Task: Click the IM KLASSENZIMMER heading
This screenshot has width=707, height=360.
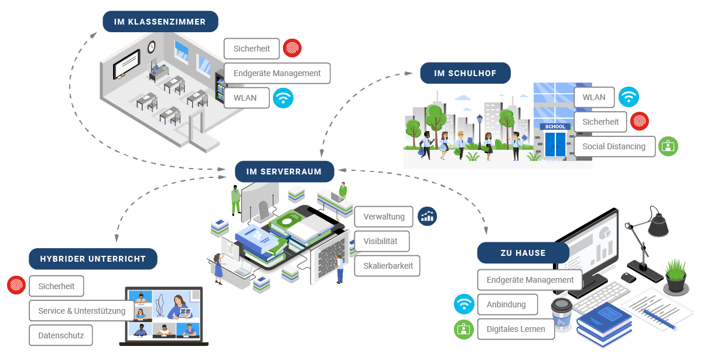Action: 160,22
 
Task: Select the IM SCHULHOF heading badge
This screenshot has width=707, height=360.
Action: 465,73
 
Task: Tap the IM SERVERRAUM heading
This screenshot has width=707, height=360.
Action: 284,172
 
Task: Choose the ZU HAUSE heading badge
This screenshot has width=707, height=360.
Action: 522,253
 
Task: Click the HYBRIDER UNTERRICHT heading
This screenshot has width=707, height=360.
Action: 93,259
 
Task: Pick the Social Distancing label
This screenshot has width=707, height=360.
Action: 613,146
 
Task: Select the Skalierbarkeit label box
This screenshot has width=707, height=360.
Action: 387,266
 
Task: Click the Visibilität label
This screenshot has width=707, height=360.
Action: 381,241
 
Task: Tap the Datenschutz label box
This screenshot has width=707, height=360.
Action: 61,335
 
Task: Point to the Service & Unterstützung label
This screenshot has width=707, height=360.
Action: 81,311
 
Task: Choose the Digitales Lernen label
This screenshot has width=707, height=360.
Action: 515,329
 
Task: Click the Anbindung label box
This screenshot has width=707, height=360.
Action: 506,304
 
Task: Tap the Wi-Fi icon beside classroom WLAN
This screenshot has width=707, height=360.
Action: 283,98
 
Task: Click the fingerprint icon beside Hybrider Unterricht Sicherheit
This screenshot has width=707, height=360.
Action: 16,286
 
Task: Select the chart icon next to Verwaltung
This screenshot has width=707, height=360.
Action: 427,216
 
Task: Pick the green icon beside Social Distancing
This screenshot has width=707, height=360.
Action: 668,146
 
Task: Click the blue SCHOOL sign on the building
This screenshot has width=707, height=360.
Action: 555,126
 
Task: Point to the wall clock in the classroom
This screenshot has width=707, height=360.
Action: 152,46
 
